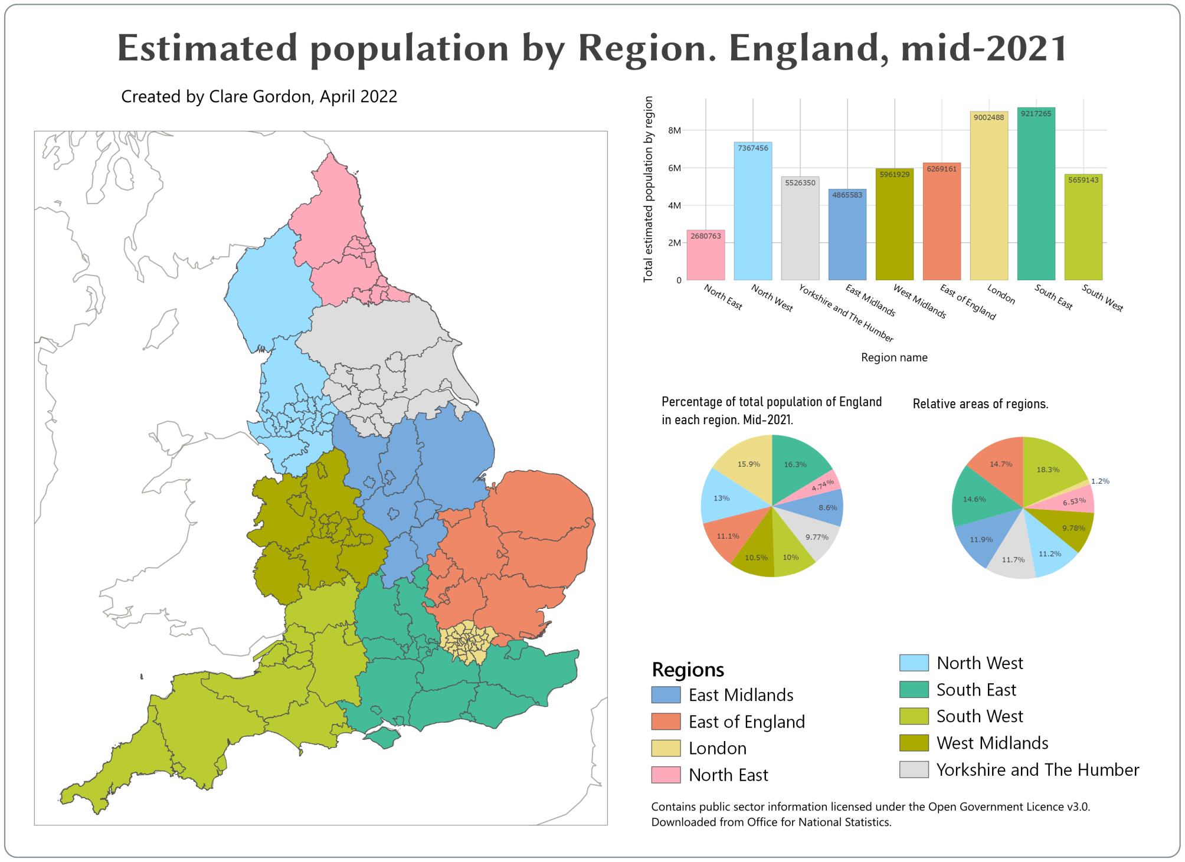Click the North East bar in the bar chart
coord(705,257)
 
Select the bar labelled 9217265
coord(1036,195)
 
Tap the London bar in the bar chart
coord(988,198)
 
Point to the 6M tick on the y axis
coord(674,168)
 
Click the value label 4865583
coord(847,195)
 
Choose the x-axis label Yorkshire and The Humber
coord(846,313)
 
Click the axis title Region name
coord(893,358)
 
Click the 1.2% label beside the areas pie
coord(1100,481)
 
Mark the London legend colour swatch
coord(666,748)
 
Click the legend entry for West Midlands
coord(992,743)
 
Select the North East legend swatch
coord(666,775)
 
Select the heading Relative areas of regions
coord(980,404)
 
